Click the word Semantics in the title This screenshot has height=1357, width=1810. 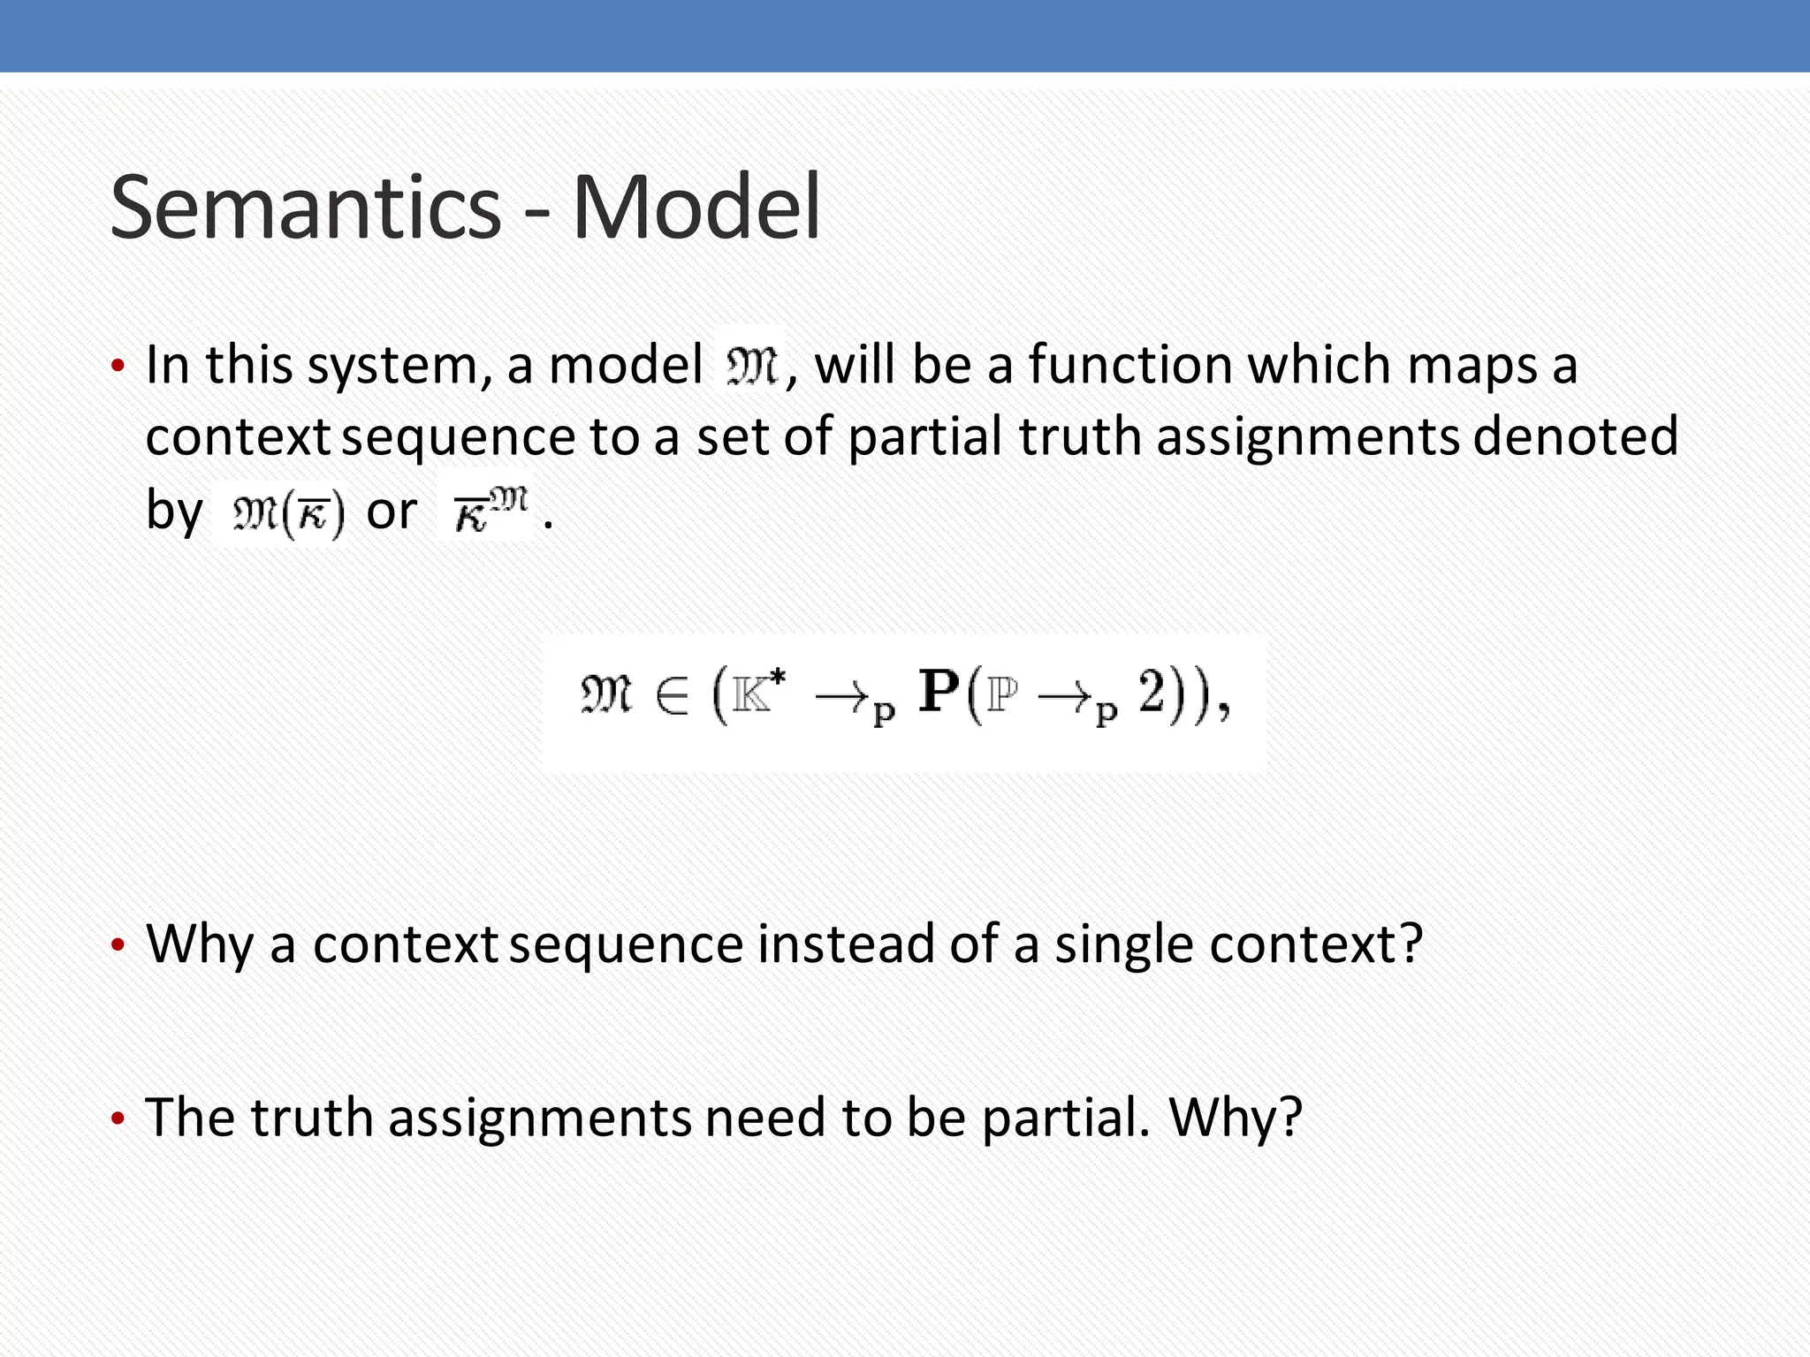coord(305,208)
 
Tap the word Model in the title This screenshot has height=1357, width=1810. coord(696,208)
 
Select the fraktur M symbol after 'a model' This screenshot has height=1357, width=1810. coord(750,366)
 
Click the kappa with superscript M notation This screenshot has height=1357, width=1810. coord(490,511)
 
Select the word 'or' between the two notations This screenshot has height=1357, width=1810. coord(391,512)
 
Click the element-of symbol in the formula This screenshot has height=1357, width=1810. coord(672,696)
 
